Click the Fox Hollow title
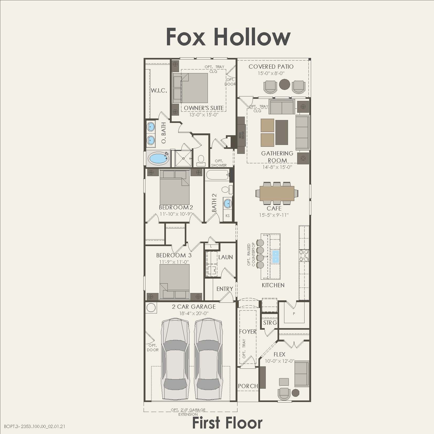click(228, 37)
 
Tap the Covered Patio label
click(271, 67)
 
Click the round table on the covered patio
click(284, 84)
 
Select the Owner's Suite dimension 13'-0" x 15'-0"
click(204, 115)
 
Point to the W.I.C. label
click(159, 91)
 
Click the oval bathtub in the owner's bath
click(159, 159)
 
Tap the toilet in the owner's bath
click(201, 160)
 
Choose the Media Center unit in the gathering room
click(241, 135)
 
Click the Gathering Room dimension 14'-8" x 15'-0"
click(277, 167)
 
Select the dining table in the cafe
click(277, 193)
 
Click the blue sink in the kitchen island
click(276, 256)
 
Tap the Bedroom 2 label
click(176, 208)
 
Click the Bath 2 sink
click(227, 203)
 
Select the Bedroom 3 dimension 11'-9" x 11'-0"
click(174, 262)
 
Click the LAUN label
click(225, 257)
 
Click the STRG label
click(270, 323)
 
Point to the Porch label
click(248, 386)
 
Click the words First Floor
click(227, 423)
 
